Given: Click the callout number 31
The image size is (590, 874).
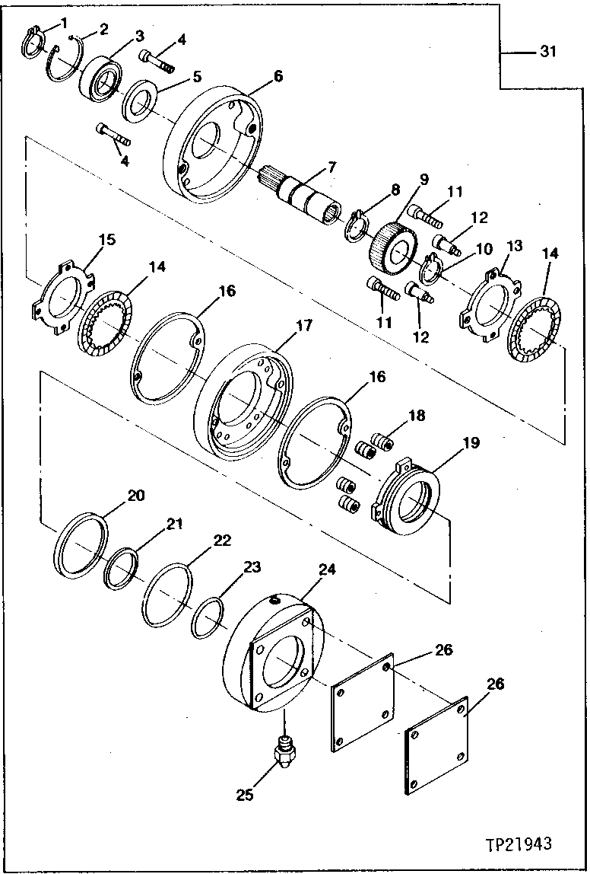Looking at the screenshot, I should pyautogui.click(x=548, y=52).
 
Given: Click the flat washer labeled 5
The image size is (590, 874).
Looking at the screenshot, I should pyautogui.click(x=142, y=100).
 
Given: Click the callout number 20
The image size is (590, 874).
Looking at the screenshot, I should pyautogui.click(x=135, y=496).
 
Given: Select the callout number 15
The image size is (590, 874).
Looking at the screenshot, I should pyautogui.click(x=106, y=241).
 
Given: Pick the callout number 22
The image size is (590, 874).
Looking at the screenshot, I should pyautogui.click(x=221, y=540).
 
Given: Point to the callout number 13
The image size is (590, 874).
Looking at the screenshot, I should pyautogui.click(x=514, y=245).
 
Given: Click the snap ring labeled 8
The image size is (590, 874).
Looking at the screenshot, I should pyautogui.click(x=357, y=229).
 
